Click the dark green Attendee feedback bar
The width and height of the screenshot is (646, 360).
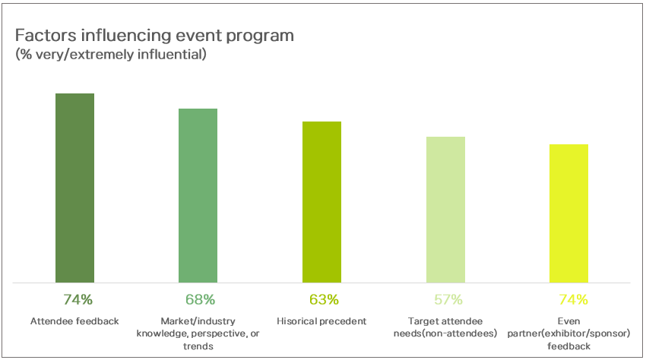[x=74, y=188]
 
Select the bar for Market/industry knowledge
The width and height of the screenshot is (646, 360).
[x=198, y=195]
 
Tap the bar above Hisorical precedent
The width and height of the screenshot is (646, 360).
[x=321, y=202]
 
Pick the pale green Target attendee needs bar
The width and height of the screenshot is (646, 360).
[x=445, y=210]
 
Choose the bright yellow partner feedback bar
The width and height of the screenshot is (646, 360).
[x=568, y=213]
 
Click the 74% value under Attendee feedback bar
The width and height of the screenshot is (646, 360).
[x=74, y=299]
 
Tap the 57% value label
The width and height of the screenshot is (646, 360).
[x=447, y=299]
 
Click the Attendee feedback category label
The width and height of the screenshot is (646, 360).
[x=75, y=321]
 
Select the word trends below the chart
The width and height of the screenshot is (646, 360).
[x=198, y=346]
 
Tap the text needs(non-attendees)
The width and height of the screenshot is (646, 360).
[x=445, y=333]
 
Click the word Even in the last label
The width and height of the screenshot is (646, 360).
[x=568, y=321]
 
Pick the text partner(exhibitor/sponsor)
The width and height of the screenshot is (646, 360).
[x=568, y=333]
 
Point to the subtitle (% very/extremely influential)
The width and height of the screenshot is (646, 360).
[x=110, y=55]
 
